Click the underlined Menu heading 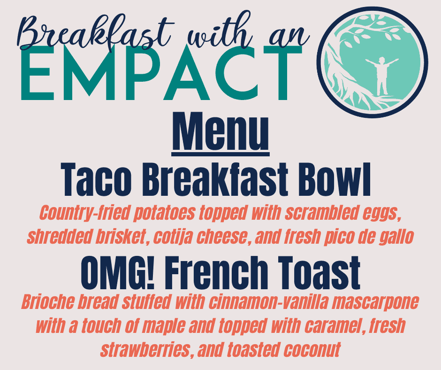pyautogui.click(x=220, y=132)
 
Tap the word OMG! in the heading pyautogui.click(x=118, y=272)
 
